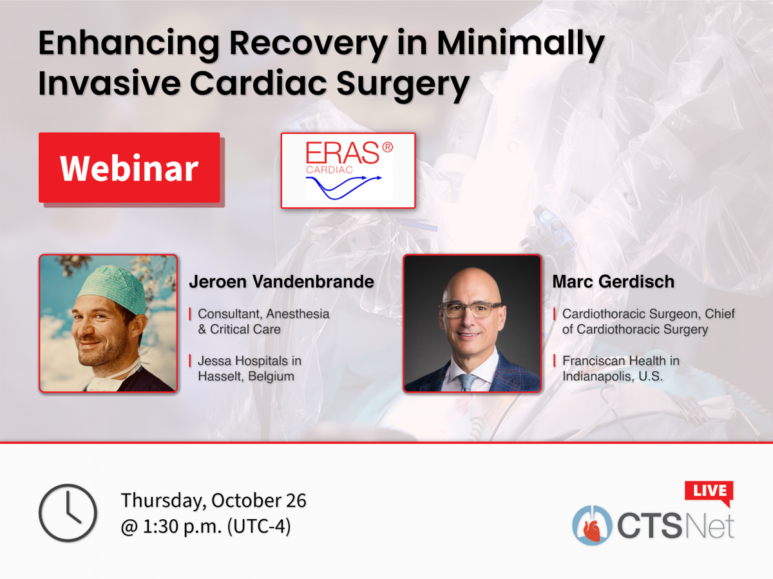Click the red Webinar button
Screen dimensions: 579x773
tap(129, 168)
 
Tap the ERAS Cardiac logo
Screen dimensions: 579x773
tap(348, 170)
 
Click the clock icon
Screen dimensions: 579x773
tap(68, 513)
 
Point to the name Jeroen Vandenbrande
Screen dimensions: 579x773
tap(282, 282)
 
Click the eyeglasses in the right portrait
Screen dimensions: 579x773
tap(472, 309)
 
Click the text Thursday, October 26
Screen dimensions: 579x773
tap(214, 500)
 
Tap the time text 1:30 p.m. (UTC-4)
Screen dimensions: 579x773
tap(206, 527)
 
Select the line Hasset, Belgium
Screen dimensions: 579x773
tap(246, 376)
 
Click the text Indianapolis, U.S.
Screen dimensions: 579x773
tap(613, 376)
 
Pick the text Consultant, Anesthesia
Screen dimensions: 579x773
tap(263, 314)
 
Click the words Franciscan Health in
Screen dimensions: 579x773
tap(621, 361)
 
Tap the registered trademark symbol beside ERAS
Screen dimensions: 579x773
tap(388, 147)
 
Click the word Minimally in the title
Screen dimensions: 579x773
tap(520, 44)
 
